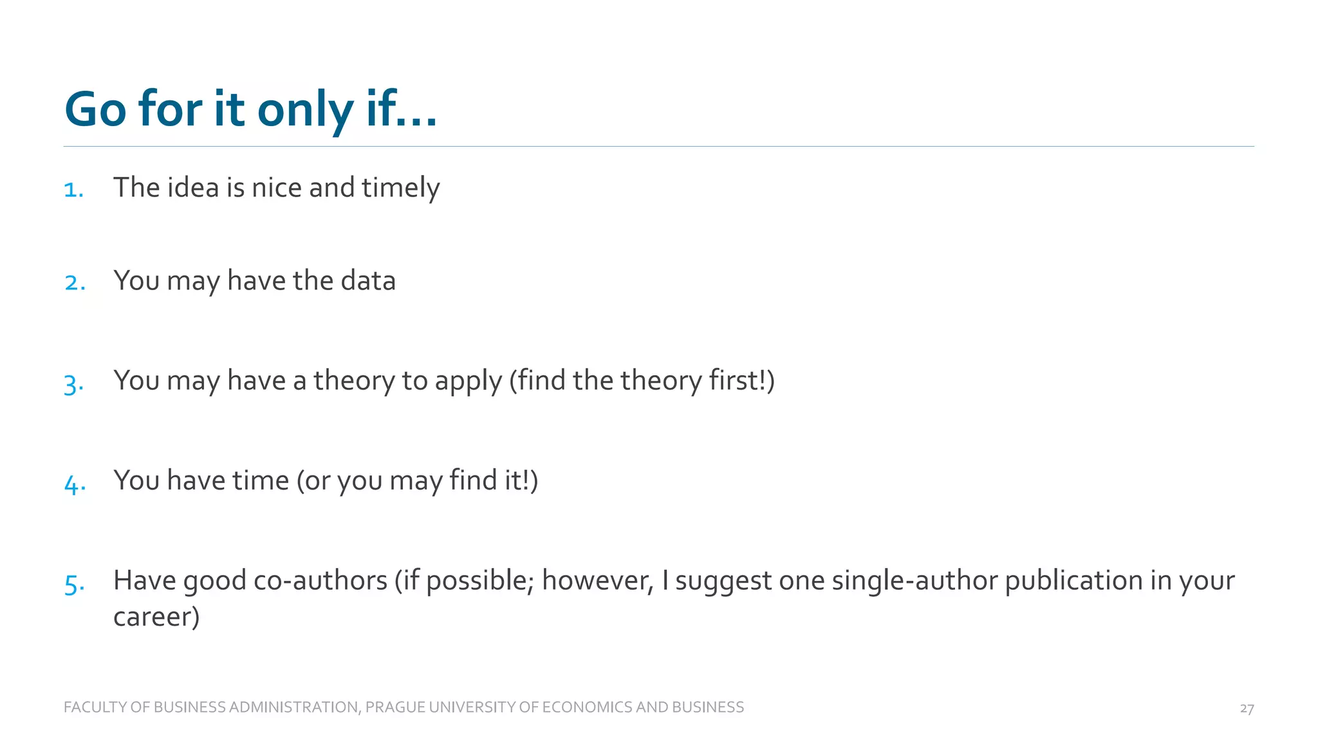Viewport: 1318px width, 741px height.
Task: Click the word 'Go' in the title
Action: (x=95, y=109)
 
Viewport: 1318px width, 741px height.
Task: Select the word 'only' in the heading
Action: (x=305, y=109)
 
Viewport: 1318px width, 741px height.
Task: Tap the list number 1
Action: (x=73, y=190)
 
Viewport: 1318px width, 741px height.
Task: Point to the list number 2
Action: (x=75, y=282)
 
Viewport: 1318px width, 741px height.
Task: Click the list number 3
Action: (x=73, y=384)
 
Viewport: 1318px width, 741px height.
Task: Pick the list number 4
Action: (x=75, y=484)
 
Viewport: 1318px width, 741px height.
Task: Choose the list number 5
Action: (x=74, y=584)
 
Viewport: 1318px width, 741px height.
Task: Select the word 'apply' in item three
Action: (x=468, y=381)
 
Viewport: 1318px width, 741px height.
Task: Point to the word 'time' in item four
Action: (x=260, y=480)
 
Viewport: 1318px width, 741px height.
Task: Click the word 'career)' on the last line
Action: (x=156, y=617)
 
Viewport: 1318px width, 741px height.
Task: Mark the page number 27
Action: (x=1247, y=708)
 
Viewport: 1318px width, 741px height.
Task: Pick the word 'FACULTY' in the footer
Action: (x=95, y=707)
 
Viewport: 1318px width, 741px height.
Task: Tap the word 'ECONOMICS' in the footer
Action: (x=586, y=707)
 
